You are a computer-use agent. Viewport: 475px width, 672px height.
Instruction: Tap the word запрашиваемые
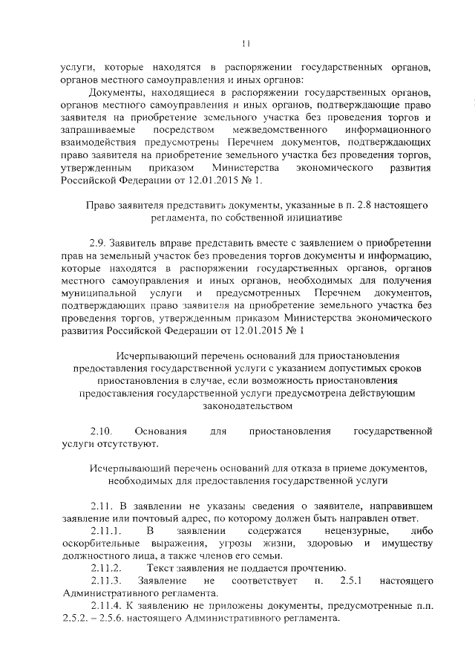click(x=97, y=131)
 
